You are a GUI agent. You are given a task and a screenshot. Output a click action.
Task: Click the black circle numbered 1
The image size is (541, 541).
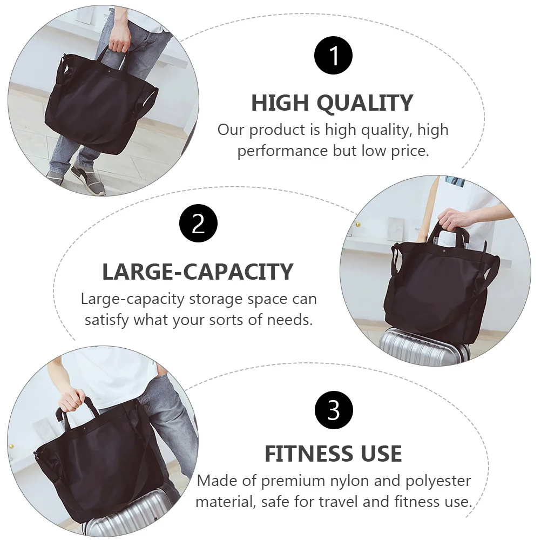334,56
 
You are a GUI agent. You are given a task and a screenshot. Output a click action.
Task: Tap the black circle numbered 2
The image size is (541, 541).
198,224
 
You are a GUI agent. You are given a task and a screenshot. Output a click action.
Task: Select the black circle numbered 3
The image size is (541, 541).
334,410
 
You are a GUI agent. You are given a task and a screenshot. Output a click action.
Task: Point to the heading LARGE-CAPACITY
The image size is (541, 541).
198,272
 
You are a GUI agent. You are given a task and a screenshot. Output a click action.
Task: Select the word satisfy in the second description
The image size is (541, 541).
106,320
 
